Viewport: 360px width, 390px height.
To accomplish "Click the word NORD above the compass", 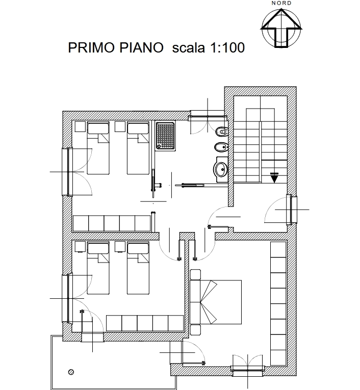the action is point(281,3).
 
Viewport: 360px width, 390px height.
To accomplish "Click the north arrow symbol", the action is point(281,28).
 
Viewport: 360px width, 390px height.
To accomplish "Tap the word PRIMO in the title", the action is point(91,47).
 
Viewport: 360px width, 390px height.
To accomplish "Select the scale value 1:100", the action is point(227,47).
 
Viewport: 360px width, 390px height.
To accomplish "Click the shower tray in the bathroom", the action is point(165,136).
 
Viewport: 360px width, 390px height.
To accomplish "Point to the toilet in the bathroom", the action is point(222,131).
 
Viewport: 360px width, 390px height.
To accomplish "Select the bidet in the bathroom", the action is point(221,147).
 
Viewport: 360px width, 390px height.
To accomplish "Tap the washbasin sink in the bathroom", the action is point(221,170).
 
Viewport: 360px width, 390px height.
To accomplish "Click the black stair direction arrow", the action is point(274,177).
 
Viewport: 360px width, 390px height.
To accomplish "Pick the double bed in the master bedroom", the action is point(216,302).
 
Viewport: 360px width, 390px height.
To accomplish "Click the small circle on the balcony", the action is point(71,372).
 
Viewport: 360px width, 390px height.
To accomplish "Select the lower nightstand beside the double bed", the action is point(195,330).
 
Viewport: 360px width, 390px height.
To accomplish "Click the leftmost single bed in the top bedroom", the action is point(98,148).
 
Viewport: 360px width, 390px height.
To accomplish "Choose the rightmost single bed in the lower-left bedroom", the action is point(138,268).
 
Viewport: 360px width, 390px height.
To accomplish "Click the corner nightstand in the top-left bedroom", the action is point(81,126).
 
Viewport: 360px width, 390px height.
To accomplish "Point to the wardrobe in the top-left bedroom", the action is point(112,223).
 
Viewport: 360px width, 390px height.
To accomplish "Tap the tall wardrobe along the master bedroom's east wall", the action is point(278,303).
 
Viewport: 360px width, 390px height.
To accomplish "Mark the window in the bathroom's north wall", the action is point(208,117).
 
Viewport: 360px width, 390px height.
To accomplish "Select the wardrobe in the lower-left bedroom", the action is point(145,323).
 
